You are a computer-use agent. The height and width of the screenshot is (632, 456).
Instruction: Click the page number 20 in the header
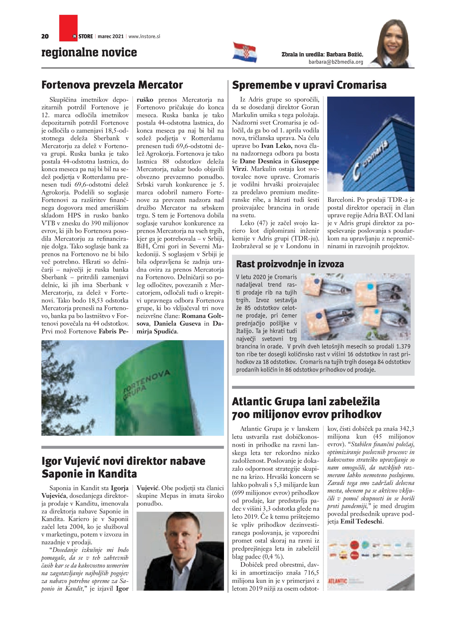pos(45,36)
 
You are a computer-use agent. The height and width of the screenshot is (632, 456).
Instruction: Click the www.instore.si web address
pos(144,36)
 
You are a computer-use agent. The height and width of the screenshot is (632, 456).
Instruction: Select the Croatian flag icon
pos(245,52)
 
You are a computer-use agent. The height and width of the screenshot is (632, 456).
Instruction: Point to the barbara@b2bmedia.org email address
pos(336,62)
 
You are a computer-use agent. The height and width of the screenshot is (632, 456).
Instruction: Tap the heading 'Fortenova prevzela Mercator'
pos(112,85)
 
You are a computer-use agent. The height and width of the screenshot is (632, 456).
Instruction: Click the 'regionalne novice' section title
pos(89,52)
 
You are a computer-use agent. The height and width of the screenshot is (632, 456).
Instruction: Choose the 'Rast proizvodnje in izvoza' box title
pos(290,264)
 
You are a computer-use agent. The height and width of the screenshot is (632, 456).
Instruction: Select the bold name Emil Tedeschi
pos(361,521)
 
